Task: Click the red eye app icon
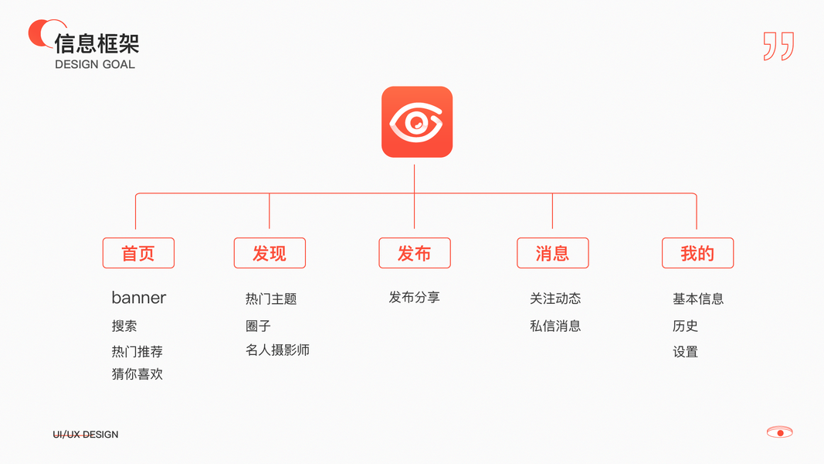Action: [417, 122]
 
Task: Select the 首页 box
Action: [138, 253]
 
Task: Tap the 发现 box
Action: [270, 253]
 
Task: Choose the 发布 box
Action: [415, 253]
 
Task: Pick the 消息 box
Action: [553, 253]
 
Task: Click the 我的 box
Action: [697, 253]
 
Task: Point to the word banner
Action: [139, 298]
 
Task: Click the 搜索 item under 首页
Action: [124, 326]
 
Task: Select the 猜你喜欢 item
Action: [137, 374]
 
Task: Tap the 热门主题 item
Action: [271, 299]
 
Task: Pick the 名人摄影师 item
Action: [277, 350]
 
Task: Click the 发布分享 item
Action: [415, 298]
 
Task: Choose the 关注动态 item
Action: [555, 299]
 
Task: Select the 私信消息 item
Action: [555, 326]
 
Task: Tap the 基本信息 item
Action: [698, 299]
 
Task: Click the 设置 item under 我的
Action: [686, 352]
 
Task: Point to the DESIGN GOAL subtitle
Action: [95, 64]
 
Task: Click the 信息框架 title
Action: [97, 43]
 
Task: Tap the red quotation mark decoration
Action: [778, 46]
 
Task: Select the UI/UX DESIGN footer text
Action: [86, 435]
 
